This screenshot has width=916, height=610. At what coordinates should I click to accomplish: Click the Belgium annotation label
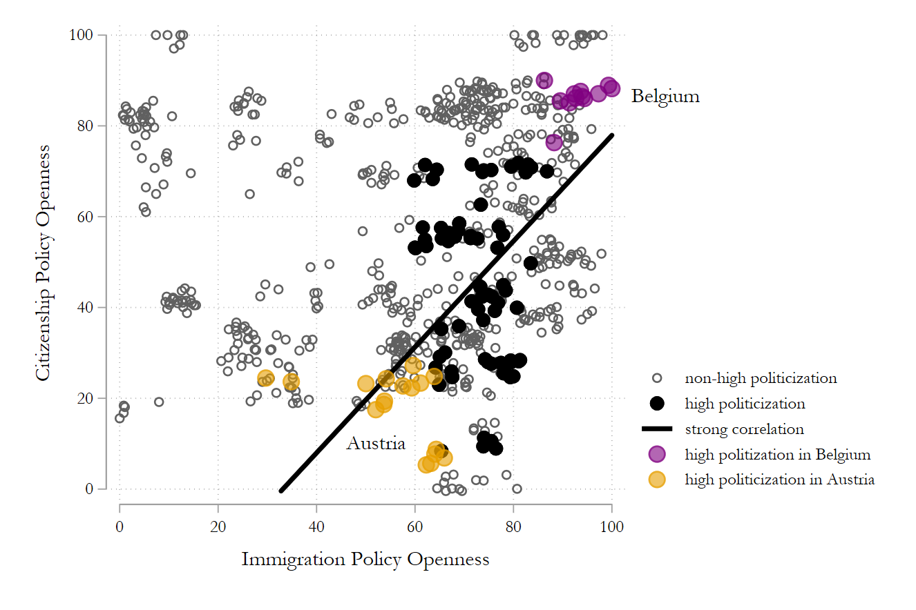tap(665, 97)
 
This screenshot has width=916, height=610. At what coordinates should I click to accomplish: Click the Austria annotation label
tap(375, 444)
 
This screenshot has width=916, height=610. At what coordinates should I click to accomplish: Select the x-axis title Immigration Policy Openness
tap(365, 559)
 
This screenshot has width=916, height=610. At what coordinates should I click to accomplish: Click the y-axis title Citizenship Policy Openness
tap(43, 262)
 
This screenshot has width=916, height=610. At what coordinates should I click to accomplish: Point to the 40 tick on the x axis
tap(316, 527)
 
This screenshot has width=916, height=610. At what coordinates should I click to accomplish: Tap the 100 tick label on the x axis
tap(612, 527)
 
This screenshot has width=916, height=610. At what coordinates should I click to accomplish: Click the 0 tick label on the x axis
tap(120, 527)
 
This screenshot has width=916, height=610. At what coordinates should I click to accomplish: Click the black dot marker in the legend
tap(657, 404)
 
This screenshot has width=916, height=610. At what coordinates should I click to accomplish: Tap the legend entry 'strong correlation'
tap(744, 429)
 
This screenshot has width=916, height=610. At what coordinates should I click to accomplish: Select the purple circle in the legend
tap(657, 454)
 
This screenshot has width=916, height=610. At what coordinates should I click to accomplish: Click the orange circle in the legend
tap(657, 480)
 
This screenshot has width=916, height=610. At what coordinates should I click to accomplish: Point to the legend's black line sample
tap(657, 429)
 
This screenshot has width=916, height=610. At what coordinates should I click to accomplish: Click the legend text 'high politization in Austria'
tap(779, 480)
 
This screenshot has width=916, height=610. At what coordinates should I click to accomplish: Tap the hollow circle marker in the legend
tap(657, 378)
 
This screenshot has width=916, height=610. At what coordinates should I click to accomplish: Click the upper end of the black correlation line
tap(612, 135)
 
